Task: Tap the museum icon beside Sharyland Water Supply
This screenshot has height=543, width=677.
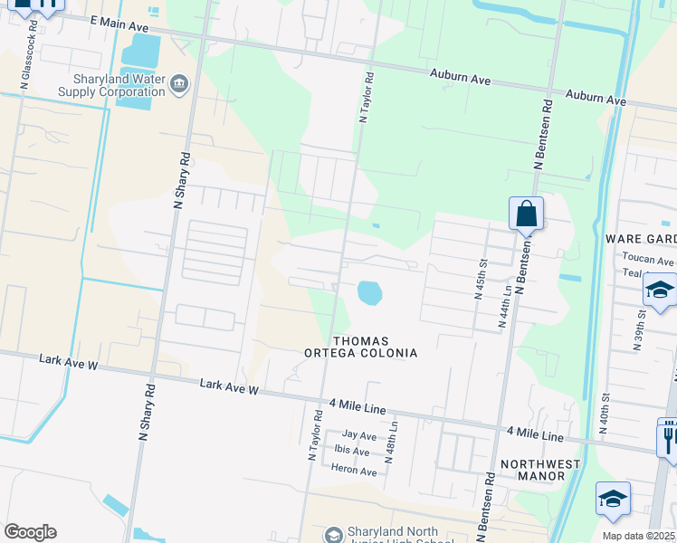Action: click(x=179, y=85)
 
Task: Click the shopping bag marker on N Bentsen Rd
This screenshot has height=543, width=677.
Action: click(x=526, y=215)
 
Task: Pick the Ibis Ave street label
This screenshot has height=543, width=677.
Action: click(x=353, y=452)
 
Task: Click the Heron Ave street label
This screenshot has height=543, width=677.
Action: click(x=354, y=472)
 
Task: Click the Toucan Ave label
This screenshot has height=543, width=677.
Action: click(x=648, y=259)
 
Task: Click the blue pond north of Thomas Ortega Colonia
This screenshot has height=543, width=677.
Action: click(x=369, y=293)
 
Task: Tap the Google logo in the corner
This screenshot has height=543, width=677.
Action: click(x=30, y=532)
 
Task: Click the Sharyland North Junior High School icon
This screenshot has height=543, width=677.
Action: click(x=333, y=536)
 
